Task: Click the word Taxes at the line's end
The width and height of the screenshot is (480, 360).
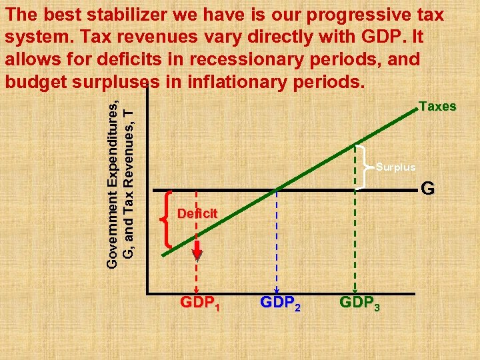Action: coord(437,107)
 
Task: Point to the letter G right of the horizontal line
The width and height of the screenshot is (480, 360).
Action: coord(427,189)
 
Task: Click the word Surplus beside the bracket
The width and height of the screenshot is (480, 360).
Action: coord(395,167)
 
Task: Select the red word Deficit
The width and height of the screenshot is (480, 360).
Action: coord(197,213)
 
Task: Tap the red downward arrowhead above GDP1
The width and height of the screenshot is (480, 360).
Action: coord(197,253)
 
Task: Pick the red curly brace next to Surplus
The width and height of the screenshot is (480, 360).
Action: coord(363,167)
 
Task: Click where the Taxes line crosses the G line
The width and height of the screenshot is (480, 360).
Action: coord(276,190)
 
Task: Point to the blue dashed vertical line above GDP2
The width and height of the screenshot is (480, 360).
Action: coord(276,240)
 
